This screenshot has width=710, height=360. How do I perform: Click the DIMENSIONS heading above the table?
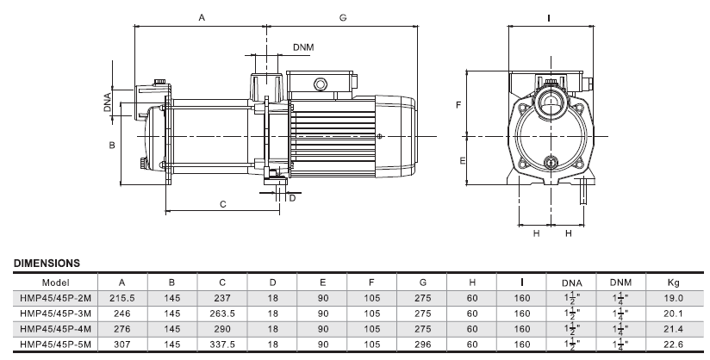click(x=47, y=262)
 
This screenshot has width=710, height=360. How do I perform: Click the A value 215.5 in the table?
click(x=122, y=298)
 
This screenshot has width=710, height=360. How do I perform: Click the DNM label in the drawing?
click(x=303, y=46)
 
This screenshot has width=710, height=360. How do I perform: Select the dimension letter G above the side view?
click(x=343, y=17)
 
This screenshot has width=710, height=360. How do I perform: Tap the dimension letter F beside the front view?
click(x=458, y=104)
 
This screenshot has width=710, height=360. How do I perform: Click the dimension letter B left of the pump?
click(x=111, y=146)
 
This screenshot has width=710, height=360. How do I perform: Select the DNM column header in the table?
click(x=620, y=282)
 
